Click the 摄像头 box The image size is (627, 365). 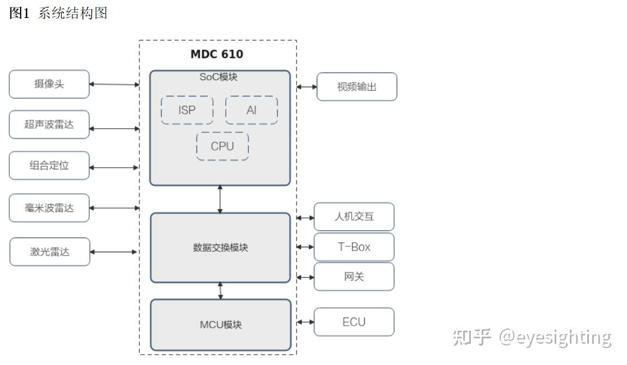[x=49, y=84]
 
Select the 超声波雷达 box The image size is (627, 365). [x=49, y=125]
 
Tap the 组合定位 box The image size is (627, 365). [x=49, y=166]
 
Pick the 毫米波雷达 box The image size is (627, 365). [x=49, y=208]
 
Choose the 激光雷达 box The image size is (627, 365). [x=50, y=252]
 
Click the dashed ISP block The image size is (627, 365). [x=187, y=111]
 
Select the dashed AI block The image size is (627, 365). [x=251, y=111]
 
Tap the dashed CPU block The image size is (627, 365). [x=222, y=147]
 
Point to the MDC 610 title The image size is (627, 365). [x=217, y=54]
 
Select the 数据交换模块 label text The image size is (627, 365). [x=220, y=248]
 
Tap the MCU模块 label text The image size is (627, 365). [x=220, y=325]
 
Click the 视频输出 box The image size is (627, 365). [x=356, y=87]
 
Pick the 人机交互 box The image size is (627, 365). [x=354, y=217]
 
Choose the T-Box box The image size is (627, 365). [x=354, y=247]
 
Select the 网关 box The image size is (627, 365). [x=354, y=277]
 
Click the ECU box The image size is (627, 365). [x=354, y=322]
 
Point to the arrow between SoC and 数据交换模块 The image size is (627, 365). [x=220, y=199]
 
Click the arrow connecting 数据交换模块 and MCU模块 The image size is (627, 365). [x=220, y=291]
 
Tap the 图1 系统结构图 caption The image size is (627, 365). [x=58, y=14]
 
